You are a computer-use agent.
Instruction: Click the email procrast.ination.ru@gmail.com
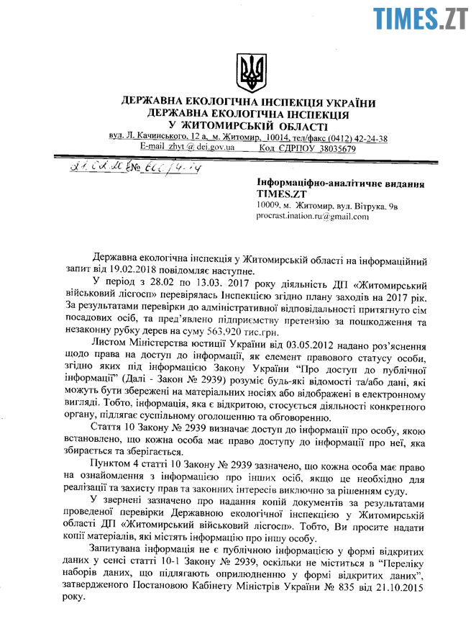(312, 216)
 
